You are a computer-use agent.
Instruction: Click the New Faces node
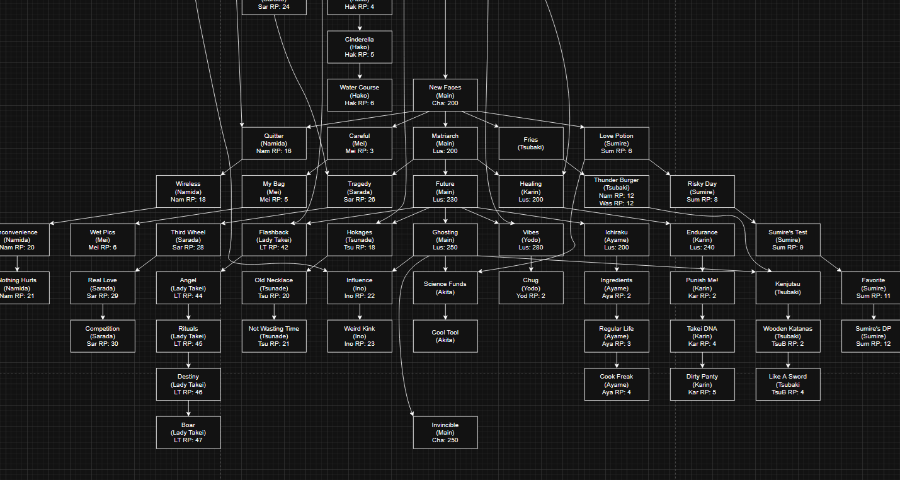(x=445, y=95)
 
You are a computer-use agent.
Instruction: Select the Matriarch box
(x=445, y=143)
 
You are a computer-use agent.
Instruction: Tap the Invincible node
(x=445, y=432)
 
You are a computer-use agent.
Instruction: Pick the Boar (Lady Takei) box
(x=188, y=432)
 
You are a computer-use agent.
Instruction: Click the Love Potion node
(x=617, y=143)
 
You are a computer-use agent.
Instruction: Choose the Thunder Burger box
(x=617, y=191)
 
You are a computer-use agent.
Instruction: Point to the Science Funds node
(x=445, y=288)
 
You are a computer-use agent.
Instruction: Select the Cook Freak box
(x=617, y=384)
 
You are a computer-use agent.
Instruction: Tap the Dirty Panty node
(x=702, y=384)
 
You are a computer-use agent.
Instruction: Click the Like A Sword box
(x=788, y=384)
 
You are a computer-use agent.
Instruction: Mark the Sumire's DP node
(x=874, y=336)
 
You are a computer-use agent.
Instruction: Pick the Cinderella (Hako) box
(x=360, y=47)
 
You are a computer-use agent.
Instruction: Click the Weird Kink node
(x=360, y=336)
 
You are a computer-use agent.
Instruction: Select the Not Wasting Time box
(x=274, y=336)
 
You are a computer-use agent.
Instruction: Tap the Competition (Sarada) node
(x=103, y=336)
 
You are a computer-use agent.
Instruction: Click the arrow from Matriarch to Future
(x=445, y=168)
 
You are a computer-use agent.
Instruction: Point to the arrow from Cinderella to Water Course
(x=360, y=71)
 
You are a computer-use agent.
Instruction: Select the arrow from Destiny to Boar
(x=188, y=408)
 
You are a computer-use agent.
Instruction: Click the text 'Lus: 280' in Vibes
(x=531, y=248)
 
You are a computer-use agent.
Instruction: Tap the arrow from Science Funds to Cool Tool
(x=445, y=312)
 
